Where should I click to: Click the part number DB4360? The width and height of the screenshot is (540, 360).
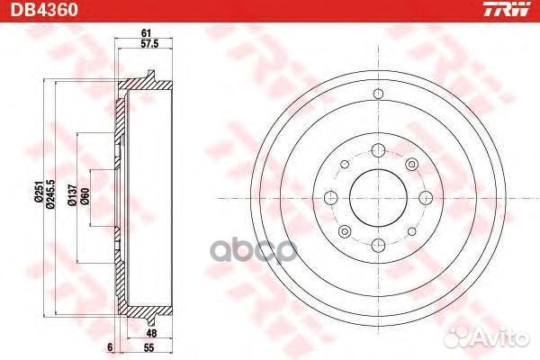coord(44,9)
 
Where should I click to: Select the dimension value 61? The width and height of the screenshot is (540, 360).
coord(146,33)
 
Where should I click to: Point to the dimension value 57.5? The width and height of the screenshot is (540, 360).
coord(149,44)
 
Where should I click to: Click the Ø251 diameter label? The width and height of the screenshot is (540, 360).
coord(38,191)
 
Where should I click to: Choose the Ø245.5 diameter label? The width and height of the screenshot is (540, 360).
coord(50,193)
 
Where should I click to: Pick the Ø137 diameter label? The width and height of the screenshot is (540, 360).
coord(72,195)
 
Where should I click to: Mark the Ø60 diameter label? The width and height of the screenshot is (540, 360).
coord(85,196)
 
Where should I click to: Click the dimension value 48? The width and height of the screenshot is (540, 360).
coord(151,333)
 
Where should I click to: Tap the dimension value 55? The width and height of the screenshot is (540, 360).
coord(148,347)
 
